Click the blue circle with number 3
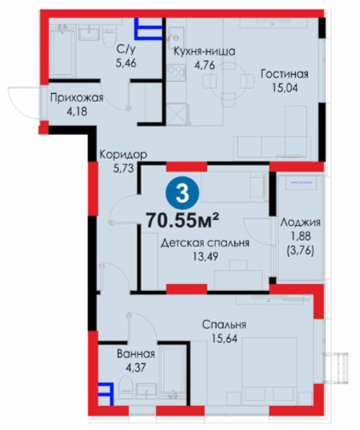click(x=183, y=193)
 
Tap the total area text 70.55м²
click(x=183, y=220)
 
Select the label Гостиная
click(x=285, y=74)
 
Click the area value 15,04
click(x=285, y=89)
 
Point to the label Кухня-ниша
click(x=205, y=51)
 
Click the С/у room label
click(x=126, y=49)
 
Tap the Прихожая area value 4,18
click(x=77, y=111)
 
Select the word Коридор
click(x=123, y=155)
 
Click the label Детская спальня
click(x=206, y=243)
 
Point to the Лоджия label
click(x=300, y=223)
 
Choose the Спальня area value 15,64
click(x=224, y=339)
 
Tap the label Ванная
click(x=136, y=354)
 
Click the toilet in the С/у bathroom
click(x=109, y=38)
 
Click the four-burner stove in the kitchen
click(x=177, y=73)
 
